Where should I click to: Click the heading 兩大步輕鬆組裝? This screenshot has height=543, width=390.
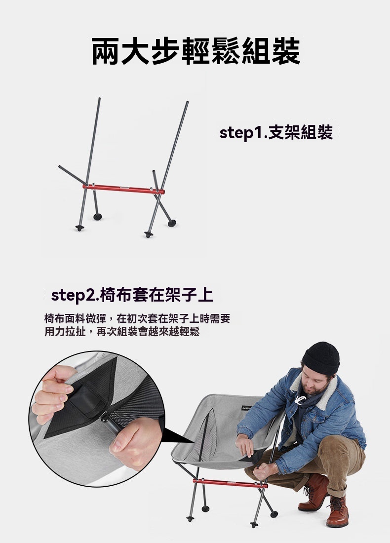[x=195, y=51]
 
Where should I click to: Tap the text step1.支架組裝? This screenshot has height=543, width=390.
[x=276, y=133]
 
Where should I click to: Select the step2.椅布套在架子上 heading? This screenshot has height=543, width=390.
[x=132, y=295]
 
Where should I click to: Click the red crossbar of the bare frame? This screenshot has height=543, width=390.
[x=123, y=189]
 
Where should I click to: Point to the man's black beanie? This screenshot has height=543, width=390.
[x=321, y=358]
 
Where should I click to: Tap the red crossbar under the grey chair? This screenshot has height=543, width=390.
[x=231, y=483]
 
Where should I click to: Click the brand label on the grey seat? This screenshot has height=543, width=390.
[x=247, y=407]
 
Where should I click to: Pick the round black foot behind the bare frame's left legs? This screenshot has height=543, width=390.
[x=98, y=217]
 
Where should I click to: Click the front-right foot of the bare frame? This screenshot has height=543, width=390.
[x=149, y=234]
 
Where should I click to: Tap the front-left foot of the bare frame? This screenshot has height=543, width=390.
[x=79, y=228]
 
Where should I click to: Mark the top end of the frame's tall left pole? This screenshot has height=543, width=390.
[x=99, y=99]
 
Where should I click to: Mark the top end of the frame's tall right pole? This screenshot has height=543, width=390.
[x=187, y=102]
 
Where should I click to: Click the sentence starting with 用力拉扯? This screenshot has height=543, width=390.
[x=122, y=332]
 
